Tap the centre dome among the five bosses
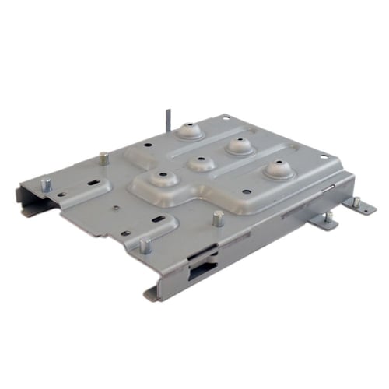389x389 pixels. click(201, 163)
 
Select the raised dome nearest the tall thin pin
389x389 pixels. click(189, 131)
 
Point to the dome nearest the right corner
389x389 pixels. click(278, 170)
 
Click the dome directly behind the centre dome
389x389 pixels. click(239, 145)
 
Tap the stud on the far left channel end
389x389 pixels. click(46, 184)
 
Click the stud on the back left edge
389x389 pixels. click(103, 158)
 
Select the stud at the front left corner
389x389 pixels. click(145, 245)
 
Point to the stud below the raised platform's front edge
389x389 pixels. click(219, 217)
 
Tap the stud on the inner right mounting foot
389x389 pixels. click(328, 217)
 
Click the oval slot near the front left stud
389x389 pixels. click(162, 222)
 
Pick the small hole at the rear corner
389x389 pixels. click(226, 117)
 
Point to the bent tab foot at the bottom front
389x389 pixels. click(150, 295)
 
